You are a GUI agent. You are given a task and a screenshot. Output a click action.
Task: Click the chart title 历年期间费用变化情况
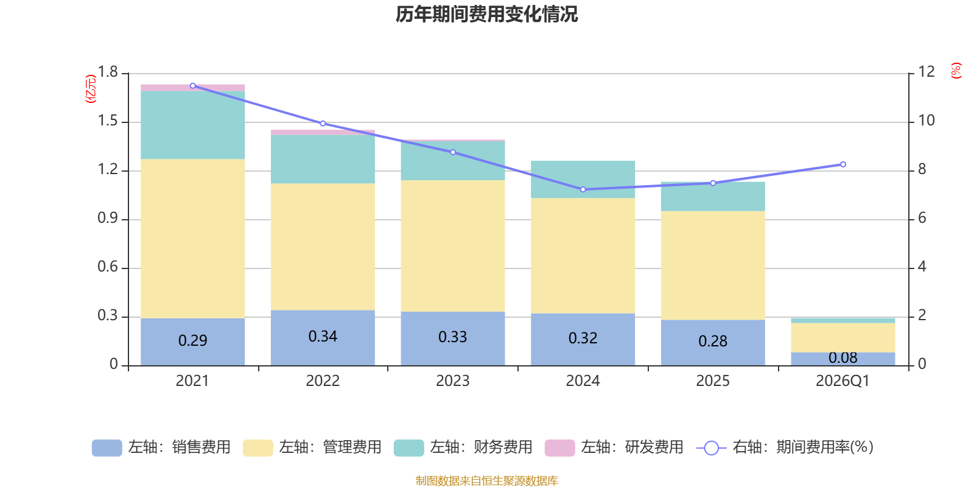[x=486, y=14]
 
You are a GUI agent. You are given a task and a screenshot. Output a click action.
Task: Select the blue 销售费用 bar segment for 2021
[x=192, y=341]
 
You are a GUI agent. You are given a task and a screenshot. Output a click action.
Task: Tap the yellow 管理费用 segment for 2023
[x=452, y=245]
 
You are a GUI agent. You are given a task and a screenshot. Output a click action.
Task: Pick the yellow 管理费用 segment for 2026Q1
[x=843, y=337]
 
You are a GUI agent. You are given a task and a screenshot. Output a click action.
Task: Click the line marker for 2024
[x=583, y=189]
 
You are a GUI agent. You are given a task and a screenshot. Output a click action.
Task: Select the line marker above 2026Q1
[x=843, y=164]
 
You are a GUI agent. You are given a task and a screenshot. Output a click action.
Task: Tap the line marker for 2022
[x=323, y=123]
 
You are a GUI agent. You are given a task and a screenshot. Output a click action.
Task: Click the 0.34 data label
[x=323, y=337]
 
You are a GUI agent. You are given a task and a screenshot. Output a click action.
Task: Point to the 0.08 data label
[x=843, y=358]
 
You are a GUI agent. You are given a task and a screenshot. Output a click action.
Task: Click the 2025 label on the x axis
[x=712, y=381]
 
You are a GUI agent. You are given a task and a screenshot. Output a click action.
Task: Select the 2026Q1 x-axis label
[x=843, y=381]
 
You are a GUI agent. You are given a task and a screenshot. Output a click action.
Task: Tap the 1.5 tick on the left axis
[x=108, y=121]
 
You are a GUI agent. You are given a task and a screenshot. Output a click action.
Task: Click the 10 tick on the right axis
[x=926, y=121]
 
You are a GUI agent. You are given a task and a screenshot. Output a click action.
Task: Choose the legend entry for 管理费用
[x=312, y=447]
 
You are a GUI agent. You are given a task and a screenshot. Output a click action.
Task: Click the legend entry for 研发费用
[x=614, y=447]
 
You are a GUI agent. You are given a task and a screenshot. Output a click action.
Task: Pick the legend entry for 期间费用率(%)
[x=785, y=447]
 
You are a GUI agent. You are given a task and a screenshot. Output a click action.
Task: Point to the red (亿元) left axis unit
[x=91, y=89]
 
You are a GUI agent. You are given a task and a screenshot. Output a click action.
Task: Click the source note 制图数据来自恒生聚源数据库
[x=486, y=481]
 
